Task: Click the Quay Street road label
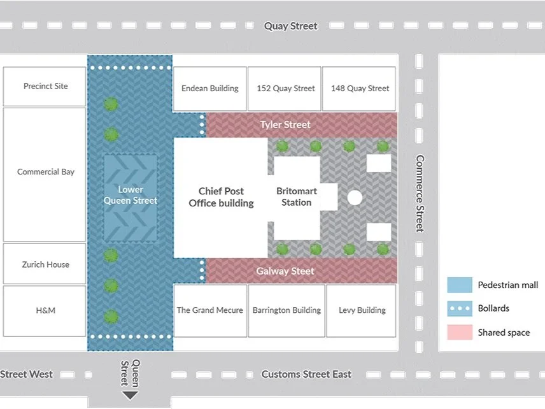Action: coord(291,26)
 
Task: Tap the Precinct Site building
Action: coord(45,86)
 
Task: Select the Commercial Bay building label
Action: coord(46,172)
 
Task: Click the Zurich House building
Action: coord(45,264)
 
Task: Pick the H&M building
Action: coord(45,310)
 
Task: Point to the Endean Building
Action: coord(210,89)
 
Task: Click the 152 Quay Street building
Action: coord(286,89)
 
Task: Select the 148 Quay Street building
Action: coord(360,89)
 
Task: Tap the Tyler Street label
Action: coord(285,124)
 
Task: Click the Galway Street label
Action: coord(285,271)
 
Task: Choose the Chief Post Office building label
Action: coord(221,197)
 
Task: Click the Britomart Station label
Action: coord(297,197)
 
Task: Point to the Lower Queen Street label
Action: coord(131,195)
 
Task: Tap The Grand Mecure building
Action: coord(210,310)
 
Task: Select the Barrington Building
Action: coord(287,310)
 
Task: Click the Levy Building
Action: coord(362,310)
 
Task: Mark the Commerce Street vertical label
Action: coord(420,194)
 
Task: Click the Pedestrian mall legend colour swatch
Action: coord(459,285)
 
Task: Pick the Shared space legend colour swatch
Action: coord(459,332)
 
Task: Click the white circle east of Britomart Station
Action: coord(355,197)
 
